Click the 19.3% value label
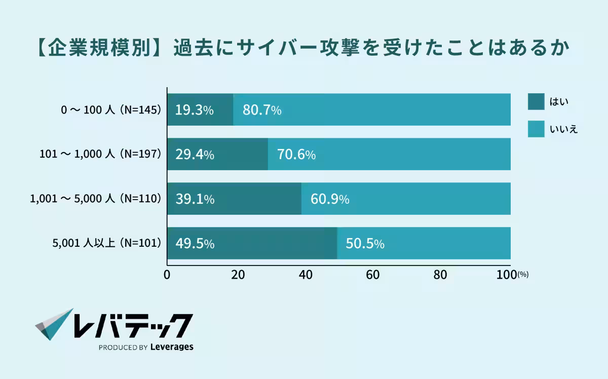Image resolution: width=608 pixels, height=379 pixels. click(x=195, y=110)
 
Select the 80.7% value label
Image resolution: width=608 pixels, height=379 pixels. click(x=262, y=110)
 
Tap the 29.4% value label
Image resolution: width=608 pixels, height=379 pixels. click(x=195, y=155)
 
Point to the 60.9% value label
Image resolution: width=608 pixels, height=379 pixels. click(x=330, y=199)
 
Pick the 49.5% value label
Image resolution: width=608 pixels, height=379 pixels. click(x=195, y=244)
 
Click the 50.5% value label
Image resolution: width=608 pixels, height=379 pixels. click(x=365, y=244)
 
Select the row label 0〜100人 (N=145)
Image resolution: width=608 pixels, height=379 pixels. click(x=111, y=109)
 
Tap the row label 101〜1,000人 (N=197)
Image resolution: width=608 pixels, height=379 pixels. click(x=100, y=154)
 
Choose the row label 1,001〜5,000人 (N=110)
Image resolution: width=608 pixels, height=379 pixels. click(x=96, y=199)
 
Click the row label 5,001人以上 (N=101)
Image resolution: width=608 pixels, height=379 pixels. click(x=106, y=243)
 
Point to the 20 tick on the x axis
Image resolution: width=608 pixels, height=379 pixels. click(x=238, y=275)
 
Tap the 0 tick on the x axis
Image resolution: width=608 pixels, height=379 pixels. click(x=167, y=275)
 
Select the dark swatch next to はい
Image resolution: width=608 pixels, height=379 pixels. click(x=536, y=101)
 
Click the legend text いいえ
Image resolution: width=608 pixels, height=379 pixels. click(x=563, y=129)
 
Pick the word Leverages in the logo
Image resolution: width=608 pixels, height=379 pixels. click(x=172, y=348)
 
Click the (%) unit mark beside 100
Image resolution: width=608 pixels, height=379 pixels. click(x=523, y=275)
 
